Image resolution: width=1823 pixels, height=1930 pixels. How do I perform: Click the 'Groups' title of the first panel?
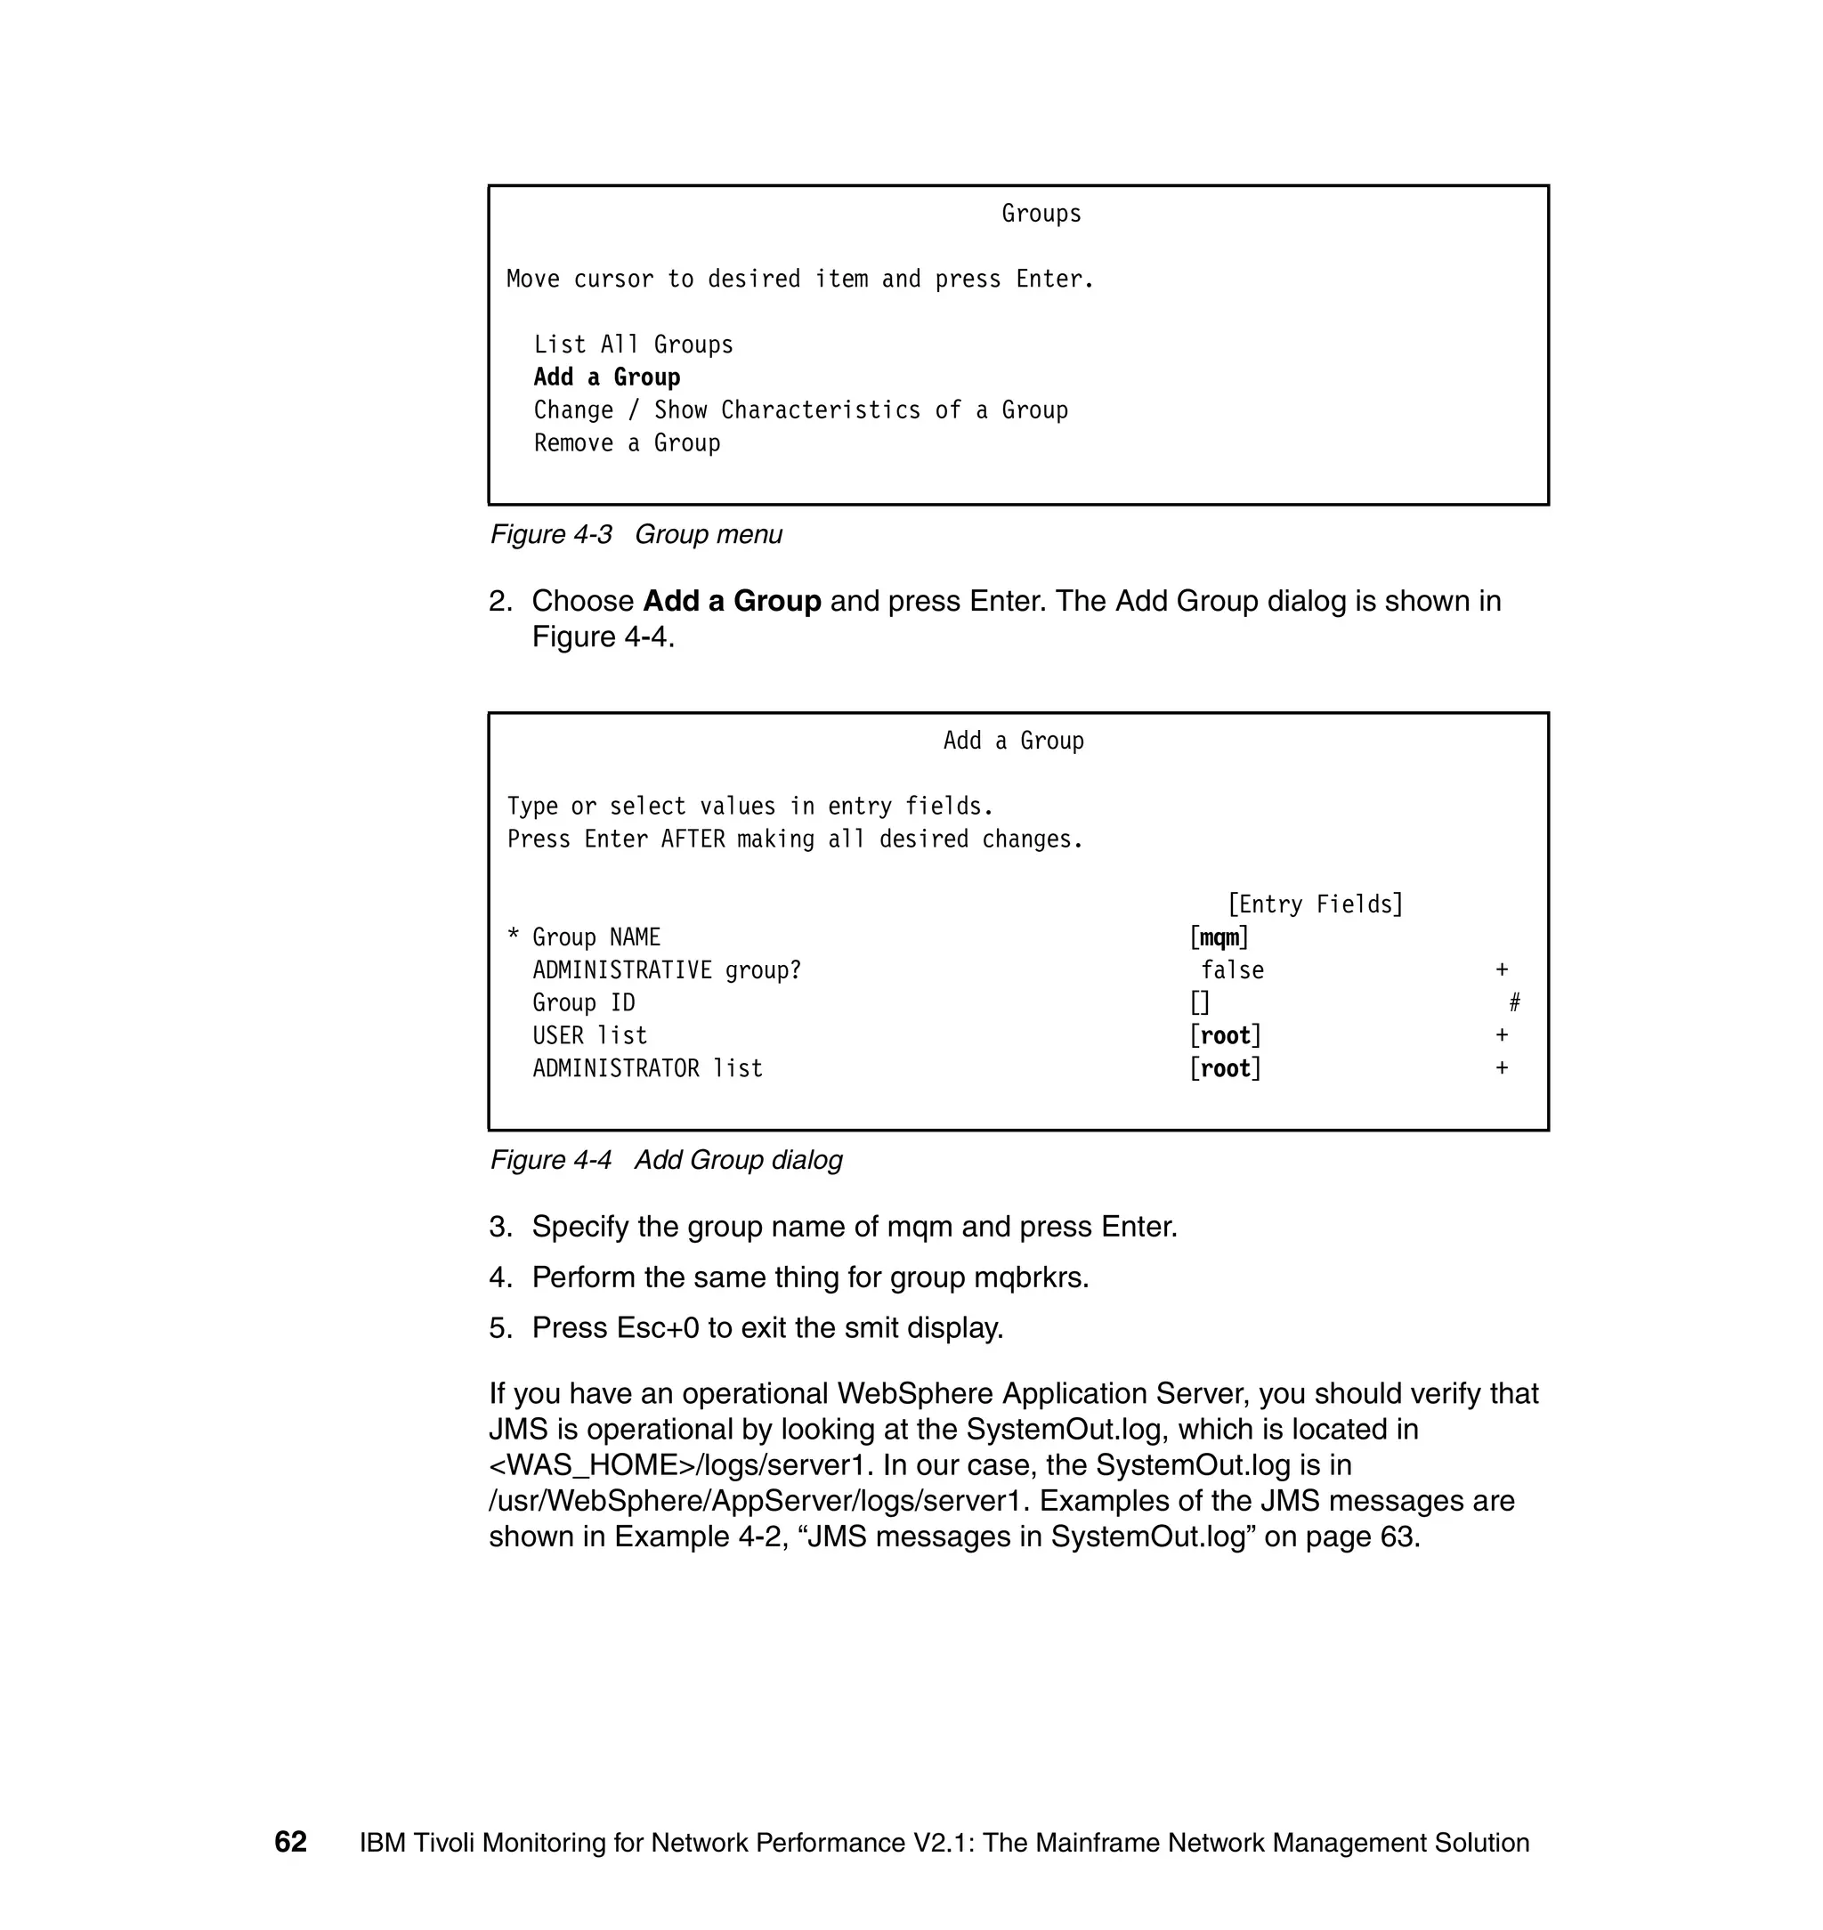point(1041,214)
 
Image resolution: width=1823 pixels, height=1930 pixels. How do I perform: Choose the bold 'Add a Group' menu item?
point(606,377)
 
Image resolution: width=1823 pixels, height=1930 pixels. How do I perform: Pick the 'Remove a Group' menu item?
point(627,443)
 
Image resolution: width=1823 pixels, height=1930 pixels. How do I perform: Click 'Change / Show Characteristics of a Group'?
point(799,410)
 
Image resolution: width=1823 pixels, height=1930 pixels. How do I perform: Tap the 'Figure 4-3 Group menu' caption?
point(636,534)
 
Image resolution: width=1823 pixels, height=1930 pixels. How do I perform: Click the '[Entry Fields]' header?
point(1315,904)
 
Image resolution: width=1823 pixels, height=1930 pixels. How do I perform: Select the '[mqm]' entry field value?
point(1219,937)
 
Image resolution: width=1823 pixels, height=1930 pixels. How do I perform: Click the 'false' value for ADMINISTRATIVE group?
point(1232,969)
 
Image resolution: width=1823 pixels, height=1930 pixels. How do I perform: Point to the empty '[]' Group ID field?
point(1200,1003)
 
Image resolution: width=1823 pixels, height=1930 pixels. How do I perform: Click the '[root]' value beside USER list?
point(1226,1036)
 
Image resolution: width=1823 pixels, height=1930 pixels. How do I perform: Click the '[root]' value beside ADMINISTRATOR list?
point(1226,1069)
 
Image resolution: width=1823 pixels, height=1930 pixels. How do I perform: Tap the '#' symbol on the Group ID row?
point(1514,1003)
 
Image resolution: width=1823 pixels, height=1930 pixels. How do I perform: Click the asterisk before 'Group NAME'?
point(513,937)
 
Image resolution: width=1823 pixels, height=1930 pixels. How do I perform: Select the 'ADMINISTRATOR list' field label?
point(647,1069)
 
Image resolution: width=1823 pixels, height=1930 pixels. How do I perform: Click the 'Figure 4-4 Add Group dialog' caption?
point(666,1160)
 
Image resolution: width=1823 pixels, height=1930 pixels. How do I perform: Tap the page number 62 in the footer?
point(290,1842)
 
